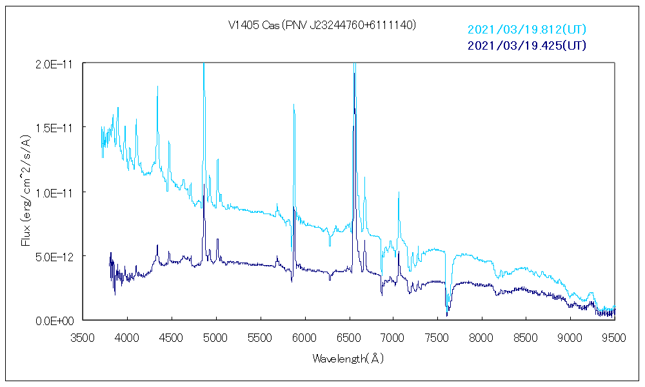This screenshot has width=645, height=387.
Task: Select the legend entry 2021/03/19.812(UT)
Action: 526,30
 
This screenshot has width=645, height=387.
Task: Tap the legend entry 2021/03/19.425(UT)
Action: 526,45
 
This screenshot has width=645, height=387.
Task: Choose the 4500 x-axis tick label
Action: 172,337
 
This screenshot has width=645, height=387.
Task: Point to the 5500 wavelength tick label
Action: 260,337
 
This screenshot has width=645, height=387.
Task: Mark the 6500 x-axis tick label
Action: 349,337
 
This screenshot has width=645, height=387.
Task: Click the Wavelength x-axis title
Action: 348,358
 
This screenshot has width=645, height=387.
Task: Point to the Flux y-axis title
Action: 26,192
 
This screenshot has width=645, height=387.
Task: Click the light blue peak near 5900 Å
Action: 294,105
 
